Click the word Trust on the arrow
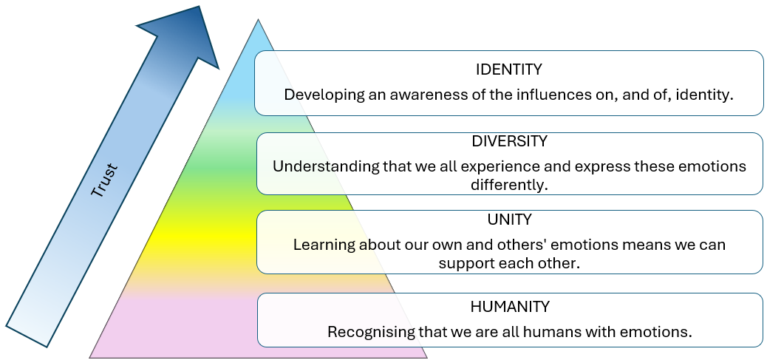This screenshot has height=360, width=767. coord(105,180)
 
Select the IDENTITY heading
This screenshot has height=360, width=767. coord(508,70)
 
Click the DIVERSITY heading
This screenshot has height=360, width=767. coord(508,140)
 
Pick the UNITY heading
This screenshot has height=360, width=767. coord(508,220)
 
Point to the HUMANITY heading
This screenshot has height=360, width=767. coord(509,306)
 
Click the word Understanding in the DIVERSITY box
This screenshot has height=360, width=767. coord(325,166)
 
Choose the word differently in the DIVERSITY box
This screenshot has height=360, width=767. coord(509,184)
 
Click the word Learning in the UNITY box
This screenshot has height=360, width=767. coord(323,245)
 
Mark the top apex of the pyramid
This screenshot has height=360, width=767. coord(258,20)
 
